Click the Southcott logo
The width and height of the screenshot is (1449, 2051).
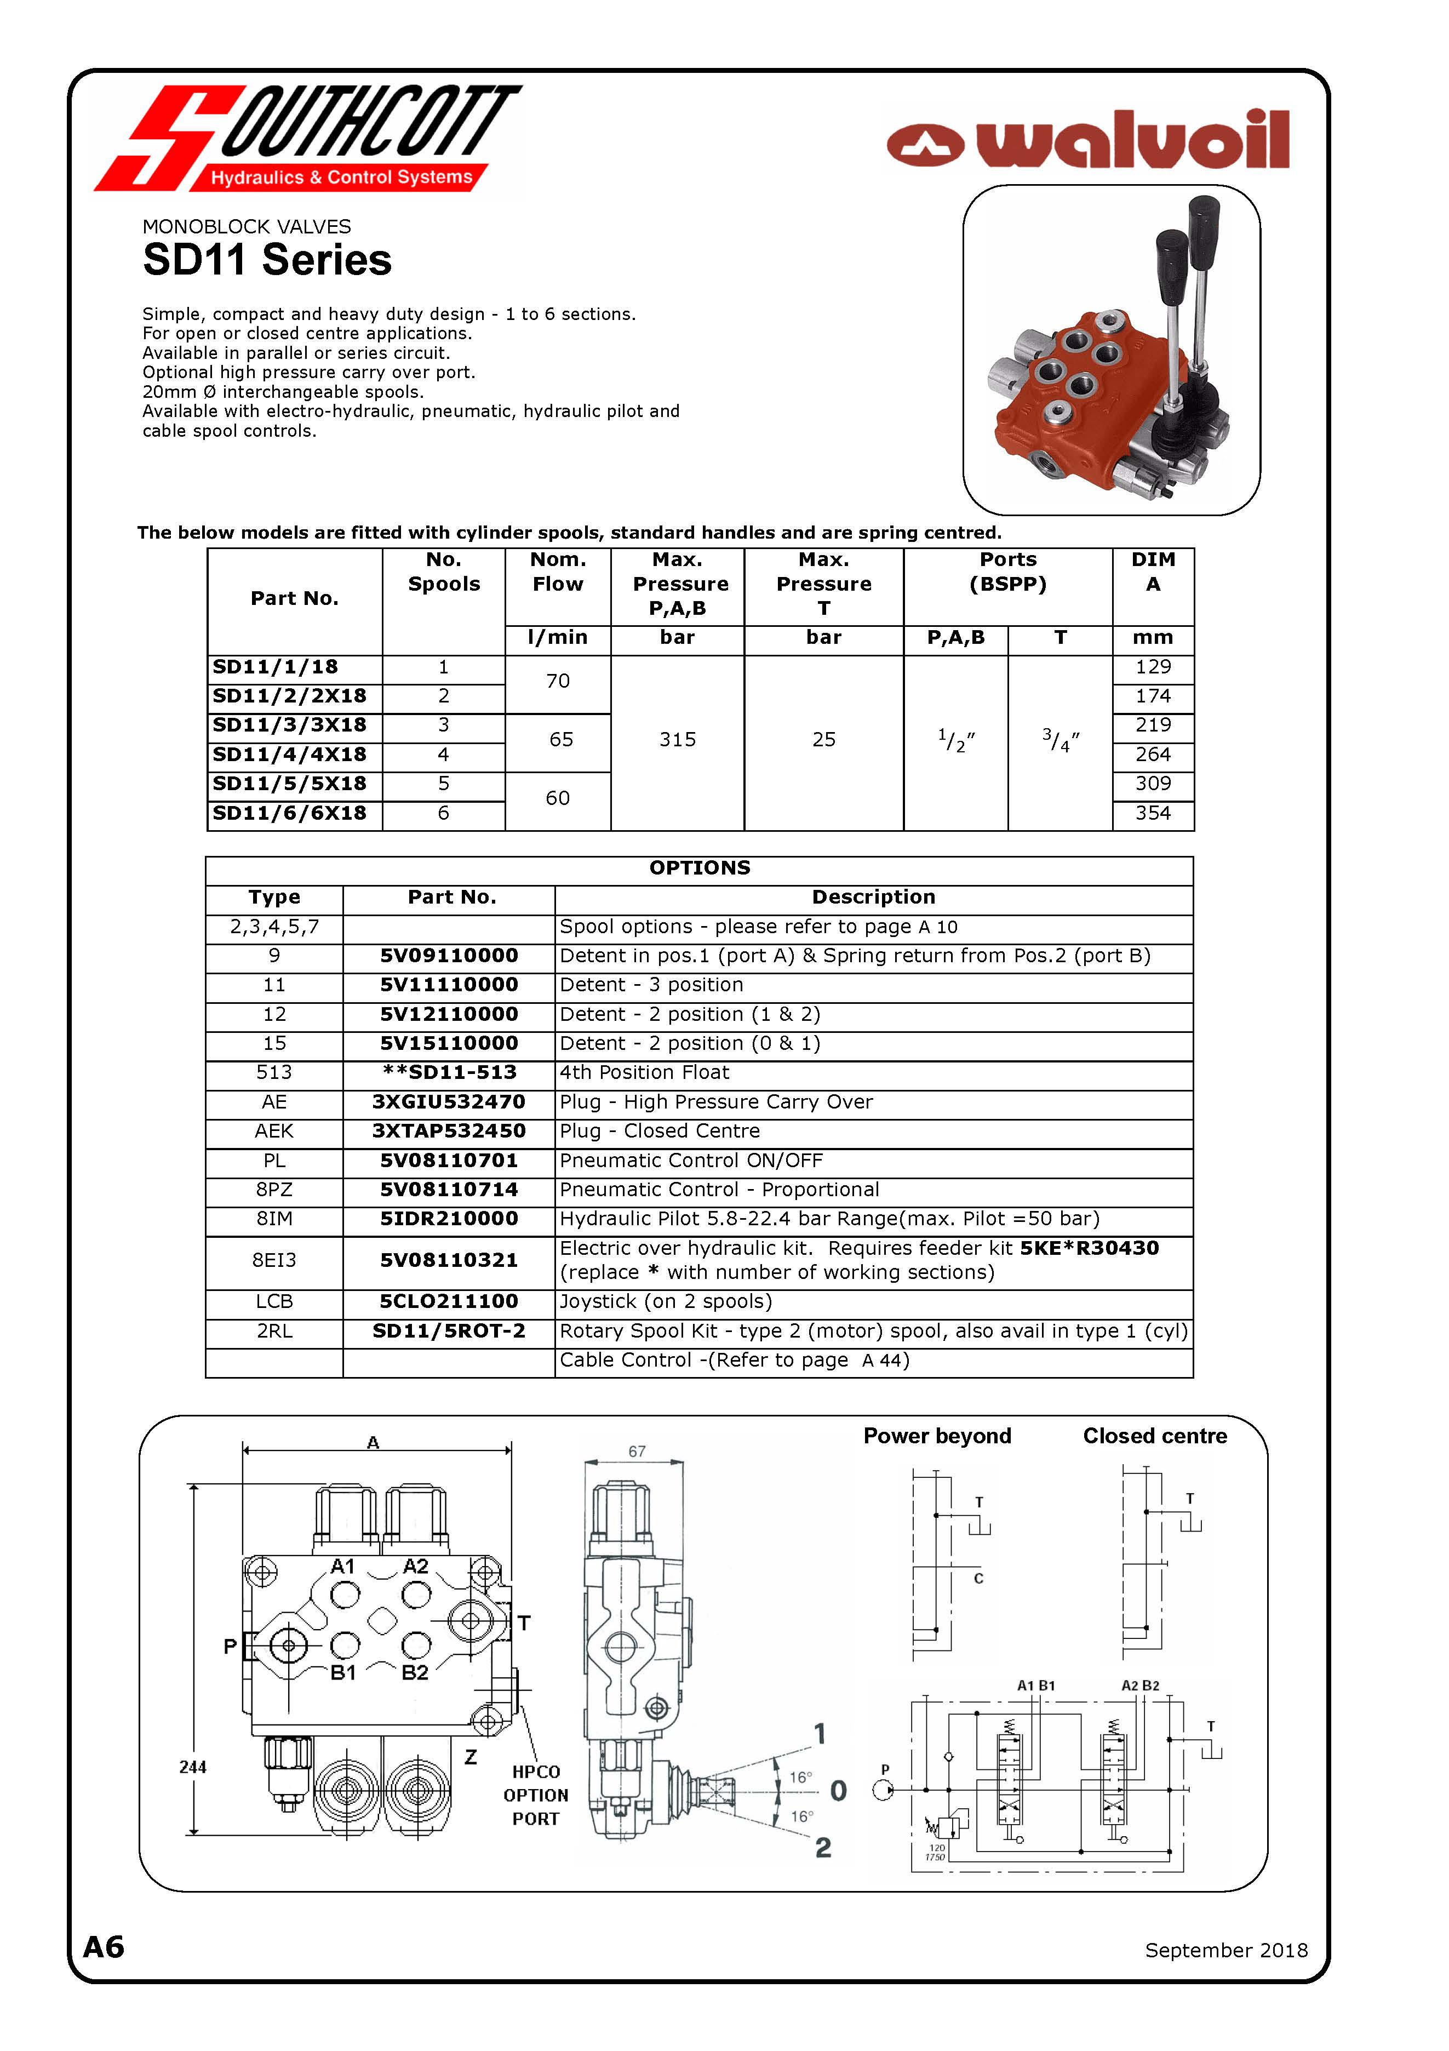coord(308,139)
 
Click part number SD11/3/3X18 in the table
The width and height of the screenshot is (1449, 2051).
coord(289,725)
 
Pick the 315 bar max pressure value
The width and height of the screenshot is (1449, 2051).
coord(677,740)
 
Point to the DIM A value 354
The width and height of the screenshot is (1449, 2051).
coord(1153,813)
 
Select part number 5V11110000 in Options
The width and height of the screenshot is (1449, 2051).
coord(449,985)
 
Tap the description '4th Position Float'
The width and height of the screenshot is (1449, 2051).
coord(644,1072)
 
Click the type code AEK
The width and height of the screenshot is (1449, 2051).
coord(274,1131)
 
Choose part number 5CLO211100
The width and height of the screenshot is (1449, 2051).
coord(449,1301)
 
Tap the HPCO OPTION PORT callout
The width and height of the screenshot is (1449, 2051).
coord(536,1796)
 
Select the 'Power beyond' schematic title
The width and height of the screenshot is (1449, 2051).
coord(937,1436)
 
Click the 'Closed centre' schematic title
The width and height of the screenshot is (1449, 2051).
coord(1155,1436)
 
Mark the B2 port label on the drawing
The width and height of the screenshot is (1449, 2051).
coord(415,1673)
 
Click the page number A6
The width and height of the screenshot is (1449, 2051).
coord(104,1947)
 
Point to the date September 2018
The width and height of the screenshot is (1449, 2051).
coord(1225,1950)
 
